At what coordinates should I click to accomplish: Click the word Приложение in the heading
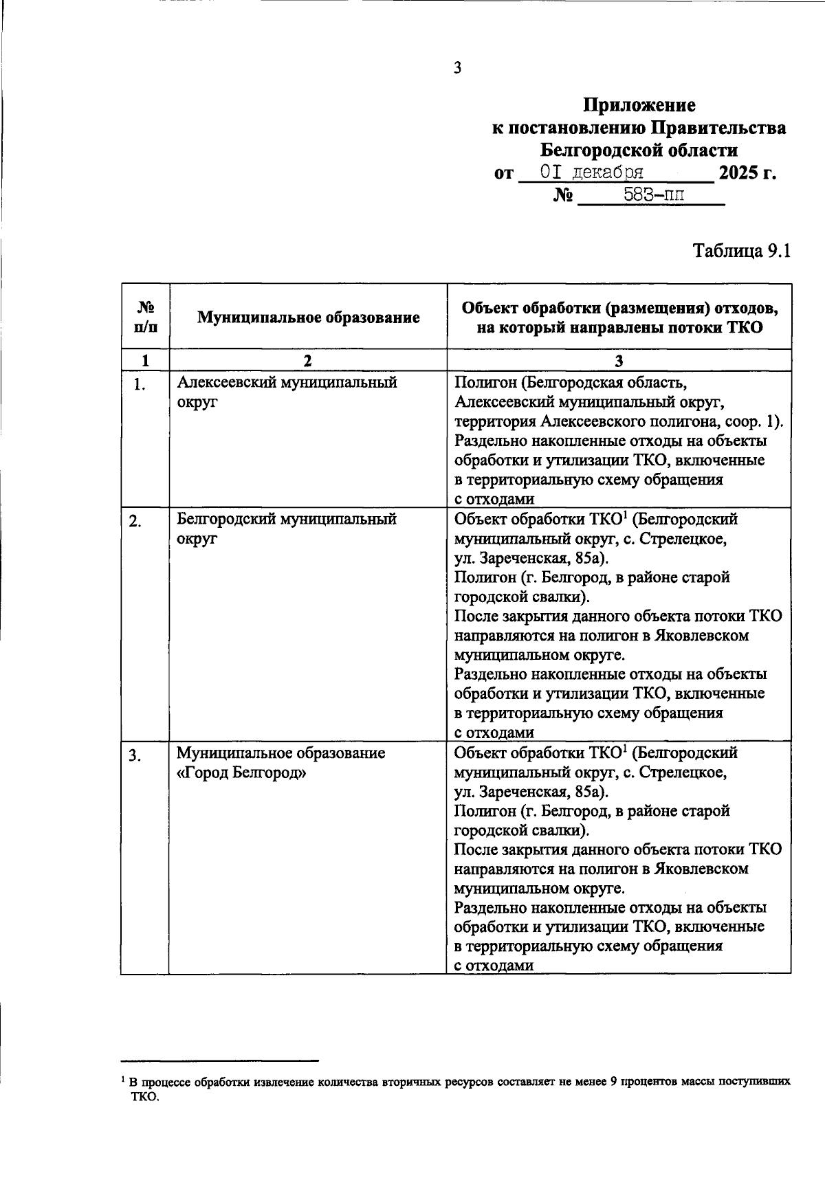tap(639, 105)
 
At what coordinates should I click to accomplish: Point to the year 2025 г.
tap(747, 173)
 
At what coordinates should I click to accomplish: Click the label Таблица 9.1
tap(742, 251)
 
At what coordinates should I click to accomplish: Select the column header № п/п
tap(145, 317)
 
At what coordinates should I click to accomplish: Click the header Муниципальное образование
tap(308, 318)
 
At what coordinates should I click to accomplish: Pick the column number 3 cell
tap(619, 361)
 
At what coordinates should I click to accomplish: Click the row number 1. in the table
tap(139, 385)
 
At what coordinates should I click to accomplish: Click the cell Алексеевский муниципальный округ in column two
tap(287, 392)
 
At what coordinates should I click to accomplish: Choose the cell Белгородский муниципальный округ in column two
tap(287, 529)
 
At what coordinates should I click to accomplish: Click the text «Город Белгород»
tap(241, 773)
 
